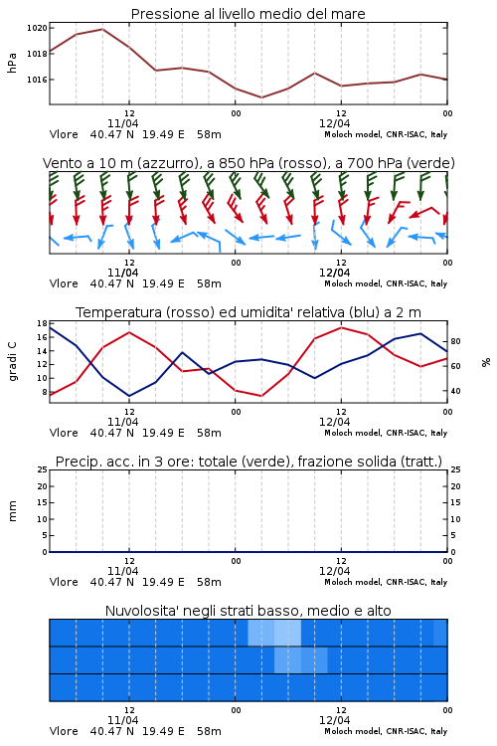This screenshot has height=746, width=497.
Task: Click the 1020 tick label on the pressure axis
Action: [x=37, y=28]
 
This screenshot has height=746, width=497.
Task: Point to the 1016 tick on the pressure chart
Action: [x=37, y=80]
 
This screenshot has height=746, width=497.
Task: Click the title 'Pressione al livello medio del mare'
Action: [x=248, y=14]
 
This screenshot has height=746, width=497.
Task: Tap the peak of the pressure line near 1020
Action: [x=102, y=29]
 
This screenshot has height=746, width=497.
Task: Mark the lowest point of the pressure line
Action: [x=261, y=97]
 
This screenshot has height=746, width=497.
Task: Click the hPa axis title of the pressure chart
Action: [x=12, y=63]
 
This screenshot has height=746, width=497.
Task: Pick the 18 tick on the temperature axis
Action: [x=42, y=323]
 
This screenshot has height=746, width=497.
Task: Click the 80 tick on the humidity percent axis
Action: [x=455, y=341]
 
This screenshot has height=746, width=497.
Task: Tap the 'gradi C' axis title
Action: [x=12, y=362]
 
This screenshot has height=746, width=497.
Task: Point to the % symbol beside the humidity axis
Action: [x=486, y=362]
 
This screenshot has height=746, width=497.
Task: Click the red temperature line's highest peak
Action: [x=341, y=327]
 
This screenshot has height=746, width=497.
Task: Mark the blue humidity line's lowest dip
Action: [x=129, y=396]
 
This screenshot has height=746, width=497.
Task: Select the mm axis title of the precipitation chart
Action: [x=12, y=511]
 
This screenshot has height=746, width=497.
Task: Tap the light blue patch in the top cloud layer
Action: [x=274, y=633]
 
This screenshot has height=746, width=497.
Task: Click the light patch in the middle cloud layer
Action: [x=301, y=659]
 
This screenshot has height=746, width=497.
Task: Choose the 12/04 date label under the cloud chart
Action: [x=334, y=720]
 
